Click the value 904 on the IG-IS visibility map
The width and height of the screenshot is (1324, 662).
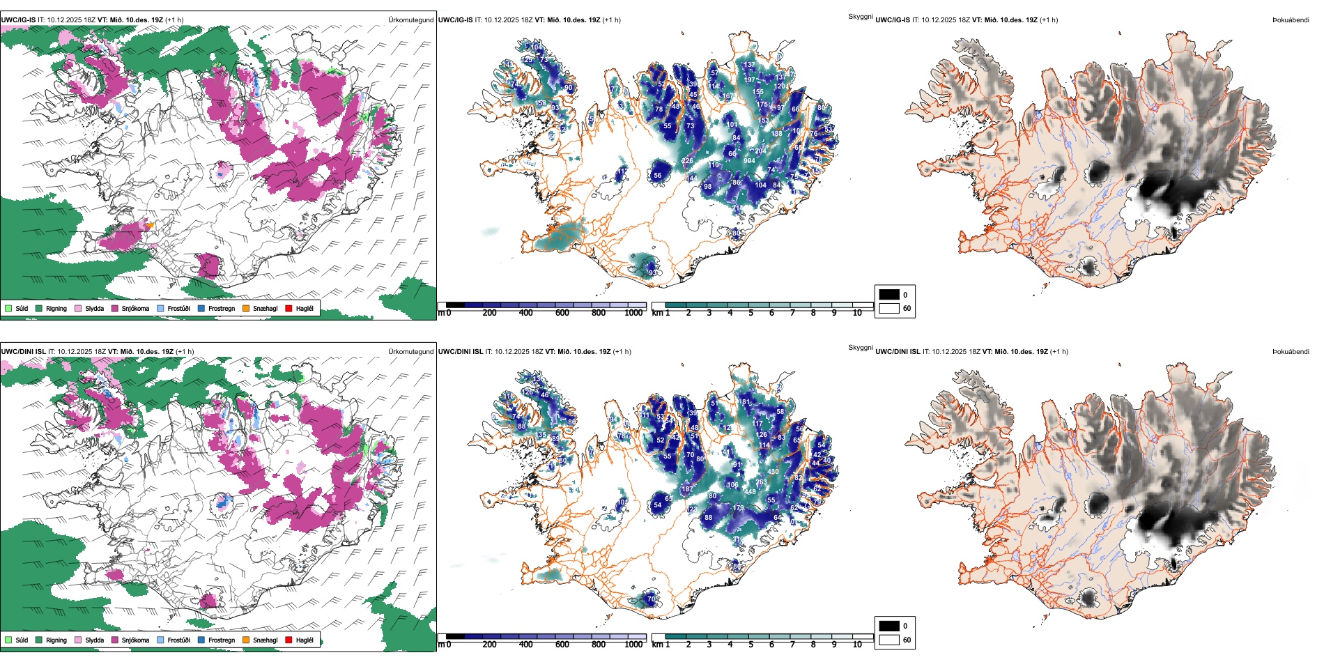pyautogui.click(x=749, y=161)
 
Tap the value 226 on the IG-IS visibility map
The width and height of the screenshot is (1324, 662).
pyautogui.click(x=687, y=161)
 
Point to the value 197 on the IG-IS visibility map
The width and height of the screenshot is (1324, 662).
pyautogui.click(x=749, y=80)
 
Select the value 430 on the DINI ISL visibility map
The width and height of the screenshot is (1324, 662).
pyautogui.click(x=773, y=472)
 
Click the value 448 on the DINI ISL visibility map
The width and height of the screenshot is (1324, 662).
pyautogui.click(x=750, y=492)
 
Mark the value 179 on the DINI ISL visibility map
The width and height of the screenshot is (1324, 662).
pyautogui.click(x=739, y=508)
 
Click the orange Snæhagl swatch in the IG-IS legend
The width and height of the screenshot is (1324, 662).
pyautogui.click(x=246, y=308)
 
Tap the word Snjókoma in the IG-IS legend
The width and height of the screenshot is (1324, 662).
pyautogui.click(x=135, y=309)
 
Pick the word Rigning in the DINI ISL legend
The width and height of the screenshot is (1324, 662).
pyautogui.click(x=56, y=640)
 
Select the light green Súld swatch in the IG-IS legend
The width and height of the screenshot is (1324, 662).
pyautogui.click(x=8, y=308)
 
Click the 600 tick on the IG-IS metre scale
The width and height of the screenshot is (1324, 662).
pyautogui.click(x=562, y=313)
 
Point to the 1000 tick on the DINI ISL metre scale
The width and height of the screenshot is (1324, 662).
pyautogui.click(x=633, y=645)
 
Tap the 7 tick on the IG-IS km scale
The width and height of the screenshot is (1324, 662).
pyautogui.click(x=792, y=313)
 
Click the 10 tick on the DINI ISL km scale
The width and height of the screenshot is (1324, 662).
pyautogui.click(x=857, y=645)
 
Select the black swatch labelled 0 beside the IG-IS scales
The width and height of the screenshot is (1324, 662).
pyautogui.click(x=889, y=295)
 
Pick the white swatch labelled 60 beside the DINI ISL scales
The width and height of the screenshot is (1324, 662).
pyautogui.click(x=889, y=640)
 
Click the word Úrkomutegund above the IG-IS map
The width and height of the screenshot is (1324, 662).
pyautogui.click(x=410, y=20)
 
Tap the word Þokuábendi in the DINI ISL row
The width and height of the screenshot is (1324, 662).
pyautogui.click(x=1291, y=352)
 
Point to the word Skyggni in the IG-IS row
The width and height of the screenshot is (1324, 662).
pyautogui.click(x=860, y=17)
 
